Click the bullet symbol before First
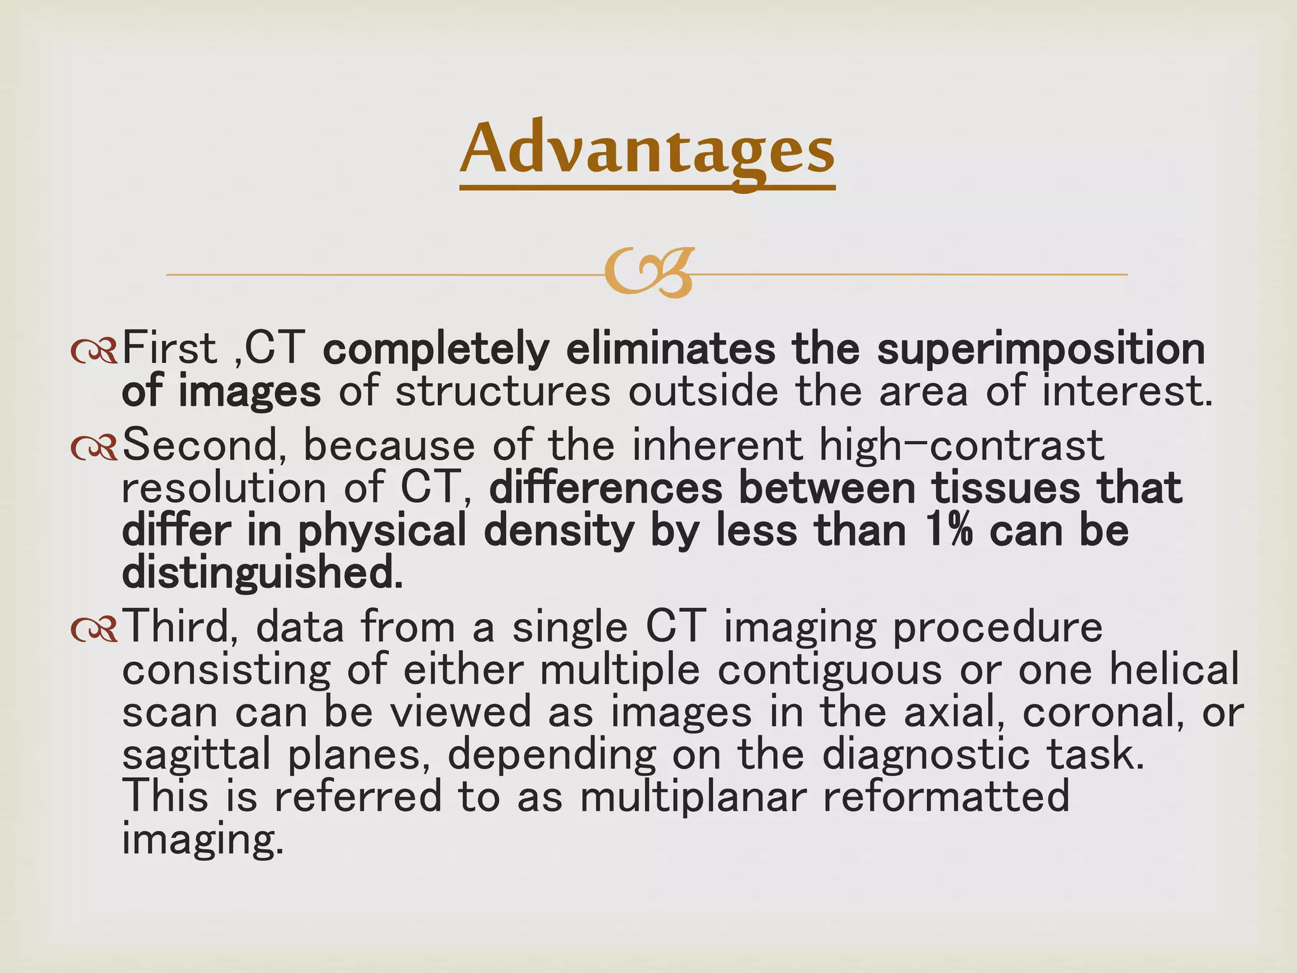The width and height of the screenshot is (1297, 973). (94, 351)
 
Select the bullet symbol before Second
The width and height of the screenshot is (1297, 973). (94, 447)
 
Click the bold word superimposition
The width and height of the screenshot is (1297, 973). (1041, 350)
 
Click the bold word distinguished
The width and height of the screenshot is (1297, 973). (262, 574)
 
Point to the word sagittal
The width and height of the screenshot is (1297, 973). (196, 756)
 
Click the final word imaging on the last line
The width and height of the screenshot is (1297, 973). (202, 841)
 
